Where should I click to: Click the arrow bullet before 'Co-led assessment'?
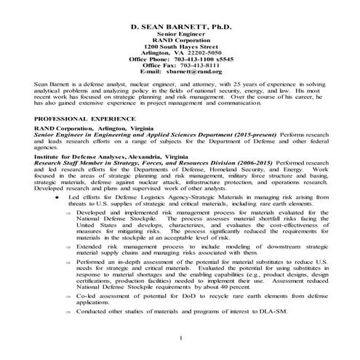[68, 299]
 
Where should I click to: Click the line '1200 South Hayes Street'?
[180, 45]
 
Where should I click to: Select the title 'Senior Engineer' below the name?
[180, 33]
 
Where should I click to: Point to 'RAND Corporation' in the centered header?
[180, 39]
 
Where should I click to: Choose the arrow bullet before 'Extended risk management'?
[68, 247]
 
